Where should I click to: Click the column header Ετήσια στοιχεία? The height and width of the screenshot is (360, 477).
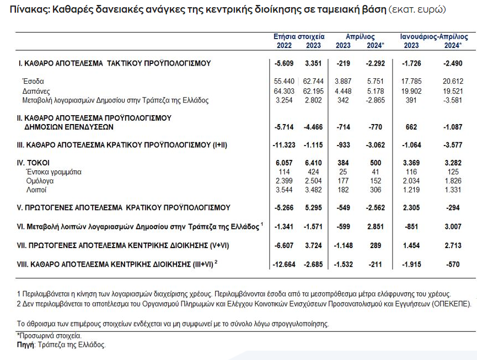[299, 36]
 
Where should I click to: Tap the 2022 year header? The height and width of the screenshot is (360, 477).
[285, 45]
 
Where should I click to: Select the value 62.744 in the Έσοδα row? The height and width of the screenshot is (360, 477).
[313, 81]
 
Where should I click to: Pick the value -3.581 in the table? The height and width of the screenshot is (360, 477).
[455, 100]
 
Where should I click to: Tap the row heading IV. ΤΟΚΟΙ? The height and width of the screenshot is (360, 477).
[33, 163]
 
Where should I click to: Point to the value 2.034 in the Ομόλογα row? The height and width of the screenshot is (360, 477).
[411, 181]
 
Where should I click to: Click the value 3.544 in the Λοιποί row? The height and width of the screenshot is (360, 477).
[283, 190]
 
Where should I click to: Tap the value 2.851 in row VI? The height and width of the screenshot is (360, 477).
[375, 226]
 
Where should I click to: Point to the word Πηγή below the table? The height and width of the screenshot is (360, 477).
[25, 345]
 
